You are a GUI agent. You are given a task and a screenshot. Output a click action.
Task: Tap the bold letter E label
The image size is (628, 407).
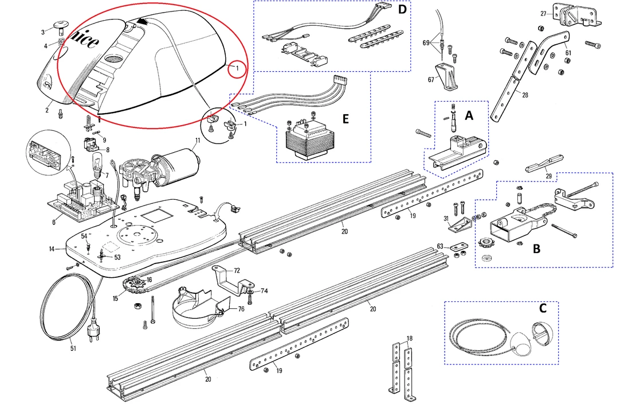tap(346, 119)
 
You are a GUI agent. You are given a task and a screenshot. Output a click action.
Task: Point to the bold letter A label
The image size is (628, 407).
tap(469, 115)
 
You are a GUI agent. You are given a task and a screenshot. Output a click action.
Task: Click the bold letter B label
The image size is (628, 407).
tap(536, 250)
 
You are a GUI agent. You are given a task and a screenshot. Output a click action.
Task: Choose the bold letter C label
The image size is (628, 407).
tap(542, 308)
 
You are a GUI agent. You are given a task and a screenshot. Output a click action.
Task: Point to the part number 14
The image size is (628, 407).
tap(51, 249)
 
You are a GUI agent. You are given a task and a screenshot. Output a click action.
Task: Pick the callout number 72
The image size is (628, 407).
tap(236, 270)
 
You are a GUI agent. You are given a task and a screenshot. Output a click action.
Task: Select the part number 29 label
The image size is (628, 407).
tap(549, 176)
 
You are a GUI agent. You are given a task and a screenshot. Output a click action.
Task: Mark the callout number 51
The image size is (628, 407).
tap(72, 348)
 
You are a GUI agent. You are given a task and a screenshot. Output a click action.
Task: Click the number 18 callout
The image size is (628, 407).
tap(409, 338)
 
